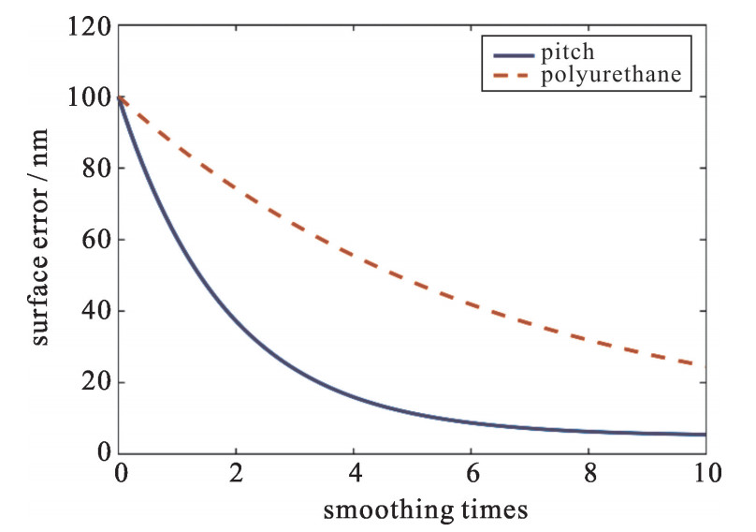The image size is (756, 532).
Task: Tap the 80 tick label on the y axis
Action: coord(95,170)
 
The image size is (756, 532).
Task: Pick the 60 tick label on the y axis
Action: coord(95,241)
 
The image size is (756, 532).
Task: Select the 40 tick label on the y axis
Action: coord(95,312)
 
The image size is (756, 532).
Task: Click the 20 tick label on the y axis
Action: coord(95,383)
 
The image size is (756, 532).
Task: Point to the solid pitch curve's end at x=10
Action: coord(704,435)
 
